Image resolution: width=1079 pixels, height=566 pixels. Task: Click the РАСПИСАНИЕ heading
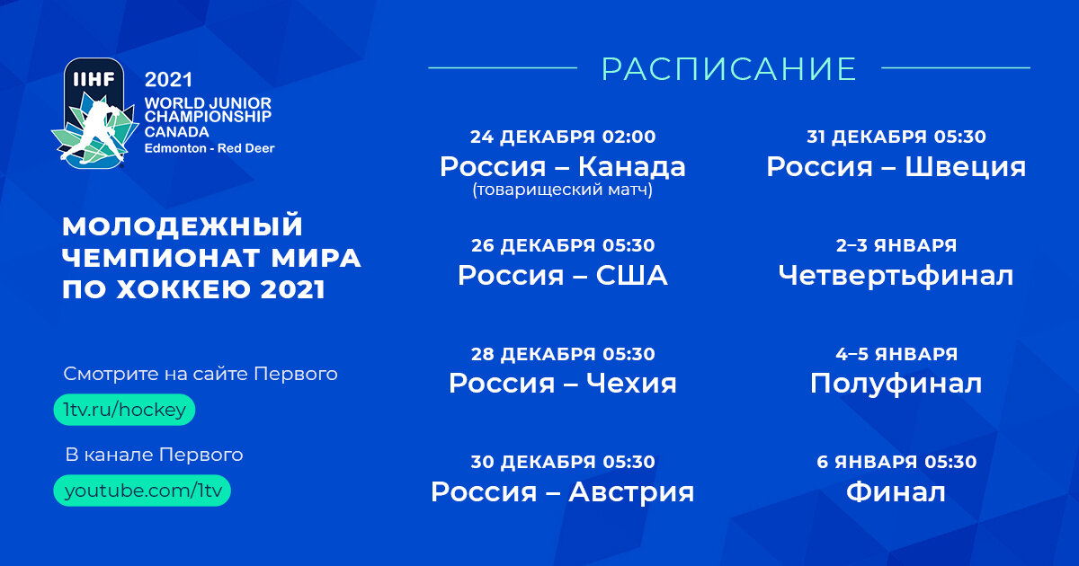728,69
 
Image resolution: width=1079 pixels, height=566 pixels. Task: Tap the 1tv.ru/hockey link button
124,410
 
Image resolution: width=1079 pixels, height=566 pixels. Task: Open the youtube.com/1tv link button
142,491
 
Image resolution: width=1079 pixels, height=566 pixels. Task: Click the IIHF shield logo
93,112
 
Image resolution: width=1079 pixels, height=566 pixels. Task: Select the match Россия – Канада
562,167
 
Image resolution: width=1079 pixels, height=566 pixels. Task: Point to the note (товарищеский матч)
562,190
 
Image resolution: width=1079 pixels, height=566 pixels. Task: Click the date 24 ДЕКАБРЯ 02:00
562,137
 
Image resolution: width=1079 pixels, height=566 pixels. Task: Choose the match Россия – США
562,275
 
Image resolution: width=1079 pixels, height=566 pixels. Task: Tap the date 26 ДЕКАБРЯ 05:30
562,245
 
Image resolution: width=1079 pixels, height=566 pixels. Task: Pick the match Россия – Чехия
562,384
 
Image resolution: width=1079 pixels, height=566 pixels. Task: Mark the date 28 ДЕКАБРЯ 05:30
562,354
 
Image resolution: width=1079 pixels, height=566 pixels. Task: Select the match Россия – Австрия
562,492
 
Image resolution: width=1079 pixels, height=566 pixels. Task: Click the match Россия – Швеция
896,167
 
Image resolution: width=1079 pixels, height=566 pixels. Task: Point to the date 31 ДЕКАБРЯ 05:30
896,137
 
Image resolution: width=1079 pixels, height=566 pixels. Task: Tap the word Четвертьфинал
896,275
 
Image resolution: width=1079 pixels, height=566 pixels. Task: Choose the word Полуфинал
896,384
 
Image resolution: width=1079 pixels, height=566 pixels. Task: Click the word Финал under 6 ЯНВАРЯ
896,492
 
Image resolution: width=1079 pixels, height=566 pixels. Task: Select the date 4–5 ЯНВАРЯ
896,354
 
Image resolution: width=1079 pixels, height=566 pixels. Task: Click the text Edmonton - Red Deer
210,147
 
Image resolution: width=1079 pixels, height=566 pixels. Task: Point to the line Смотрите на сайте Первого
201,374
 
